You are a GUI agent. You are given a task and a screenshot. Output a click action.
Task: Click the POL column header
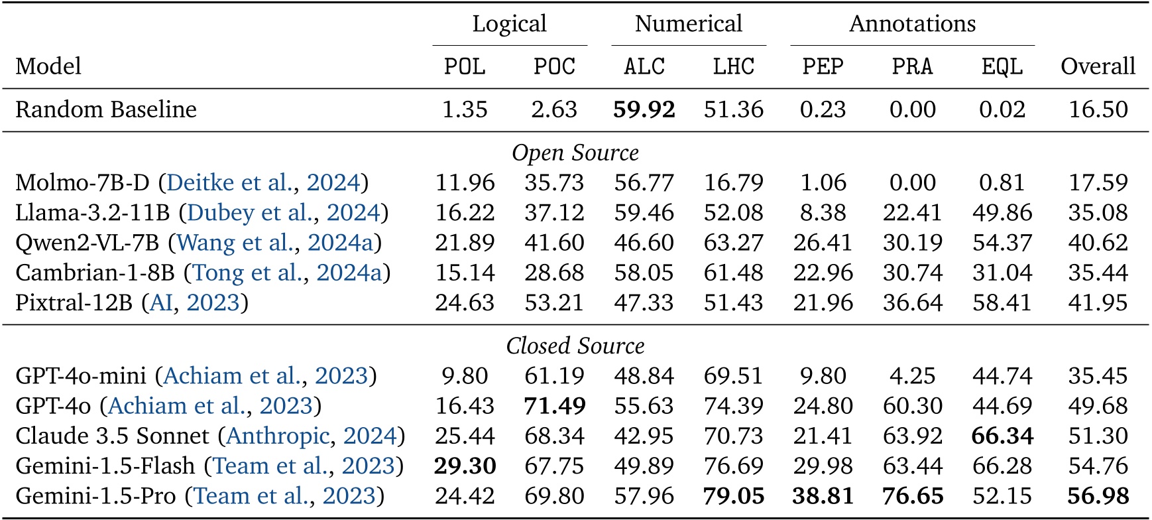(x=465, y=66)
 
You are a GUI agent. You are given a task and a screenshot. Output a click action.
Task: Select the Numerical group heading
(x=688, y=24)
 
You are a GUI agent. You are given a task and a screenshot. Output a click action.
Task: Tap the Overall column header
(x=1098, y=66)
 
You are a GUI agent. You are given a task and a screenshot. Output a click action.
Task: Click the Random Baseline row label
(x=106, y=109)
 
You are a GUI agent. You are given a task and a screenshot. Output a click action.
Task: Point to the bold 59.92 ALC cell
(x=644, y=109)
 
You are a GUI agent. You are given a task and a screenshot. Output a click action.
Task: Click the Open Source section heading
(x=575, y=153)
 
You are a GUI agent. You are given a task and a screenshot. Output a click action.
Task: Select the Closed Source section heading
(x=575, y=346)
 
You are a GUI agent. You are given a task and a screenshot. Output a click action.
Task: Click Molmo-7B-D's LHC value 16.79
(x=733, y=183)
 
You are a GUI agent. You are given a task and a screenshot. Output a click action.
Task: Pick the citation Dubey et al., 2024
(x=284, y=213)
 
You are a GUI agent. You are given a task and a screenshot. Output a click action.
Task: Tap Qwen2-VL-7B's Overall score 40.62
(x=1098, y=243)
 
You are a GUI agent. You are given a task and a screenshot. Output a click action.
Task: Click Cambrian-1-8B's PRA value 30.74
(x=912, y=273)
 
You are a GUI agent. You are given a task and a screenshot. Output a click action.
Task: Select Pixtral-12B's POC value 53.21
(x=554, y=303)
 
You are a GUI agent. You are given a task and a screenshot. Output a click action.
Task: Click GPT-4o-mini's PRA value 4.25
(x=912, y=376)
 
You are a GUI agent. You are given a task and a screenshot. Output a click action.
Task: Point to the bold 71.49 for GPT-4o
(x=554, y=406)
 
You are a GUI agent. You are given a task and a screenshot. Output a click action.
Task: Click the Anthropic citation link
(x=278, y=436)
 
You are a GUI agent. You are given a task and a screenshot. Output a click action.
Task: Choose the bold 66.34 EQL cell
(x=1002, y=436)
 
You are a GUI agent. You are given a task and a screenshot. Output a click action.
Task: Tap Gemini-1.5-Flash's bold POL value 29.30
(x=465, y=466)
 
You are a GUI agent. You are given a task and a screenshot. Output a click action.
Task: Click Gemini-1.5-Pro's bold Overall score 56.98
(x=1098, y=496)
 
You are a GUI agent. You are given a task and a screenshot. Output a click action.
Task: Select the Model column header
(x=48, y=66)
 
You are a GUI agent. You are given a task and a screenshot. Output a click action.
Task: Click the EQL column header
(x=1002, y=66)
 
